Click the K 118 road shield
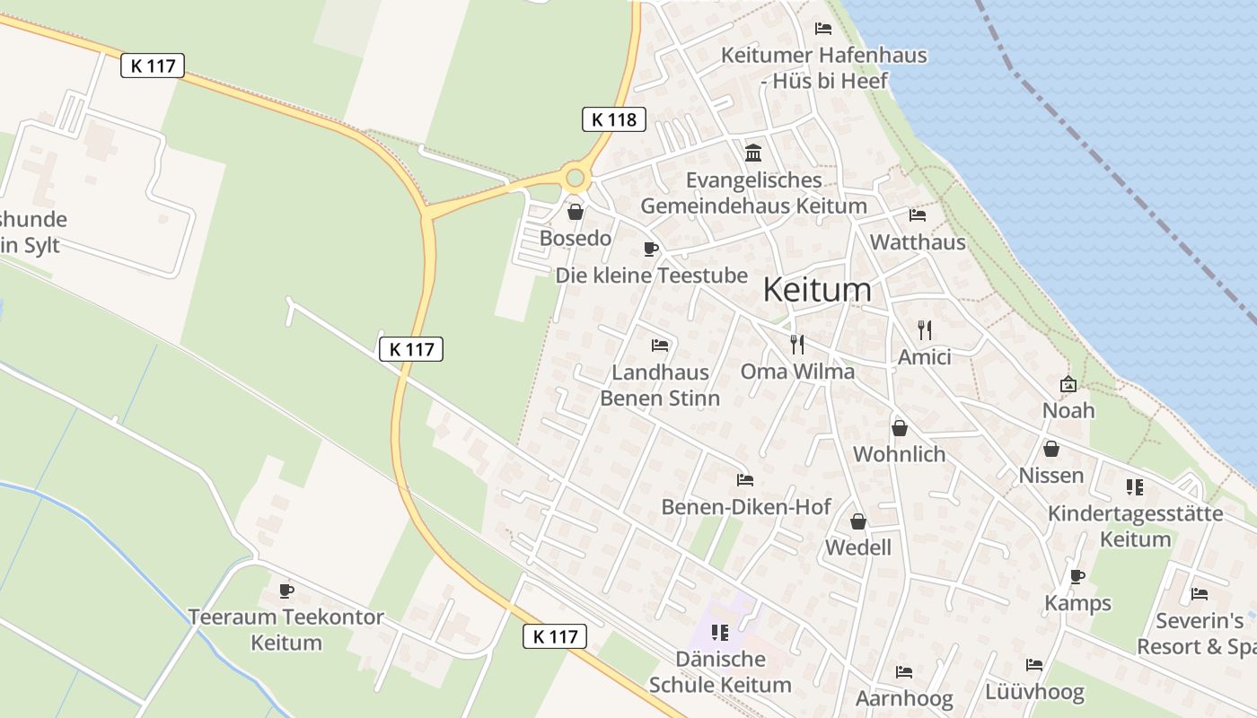[x=614, y=118]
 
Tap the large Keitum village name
[x=817, y=289]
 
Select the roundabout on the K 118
[x=575, y=178]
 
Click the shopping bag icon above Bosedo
[x=575, y=212]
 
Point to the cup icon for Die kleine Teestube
[x=651, y=249]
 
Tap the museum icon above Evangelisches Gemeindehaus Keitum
[x=753, y=153]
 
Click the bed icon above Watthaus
[x=918, y=215]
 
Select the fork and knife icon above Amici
[x=925, y=329]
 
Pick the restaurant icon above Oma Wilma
[x=796, y=344]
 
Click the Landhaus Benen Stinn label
[x=660, y=385]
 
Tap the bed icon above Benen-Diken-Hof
[x=744, y=480]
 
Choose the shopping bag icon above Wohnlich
[x=899, y=428]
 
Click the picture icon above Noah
[x=1068, y=384]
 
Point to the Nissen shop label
[x=1051, y=475]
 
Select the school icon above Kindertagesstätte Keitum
[x=1135, y=487]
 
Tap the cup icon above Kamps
[x=1077, y=576]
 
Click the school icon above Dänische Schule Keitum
[x=719, y=633]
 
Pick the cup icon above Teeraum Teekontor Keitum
[x=286, y=591]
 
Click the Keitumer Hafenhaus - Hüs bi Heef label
[x=824, y=68]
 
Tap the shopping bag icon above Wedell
[x=858, y=521]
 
